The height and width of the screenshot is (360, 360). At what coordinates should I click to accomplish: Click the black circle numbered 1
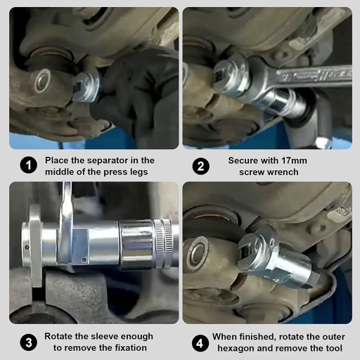point(29,165)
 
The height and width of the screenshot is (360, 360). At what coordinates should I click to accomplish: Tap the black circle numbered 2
point(201,166)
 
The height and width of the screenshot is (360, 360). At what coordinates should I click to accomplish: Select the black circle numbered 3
point(29,342)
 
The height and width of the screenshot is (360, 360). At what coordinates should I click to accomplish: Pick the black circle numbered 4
point(200,343)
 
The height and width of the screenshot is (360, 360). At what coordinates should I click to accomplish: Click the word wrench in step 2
point(283,172)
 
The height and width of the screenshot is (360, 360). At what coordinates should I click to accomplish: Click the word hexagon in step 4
point(236,349)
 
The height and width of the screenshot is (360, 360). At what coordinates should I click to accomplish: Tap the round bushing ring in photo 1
point(43,80)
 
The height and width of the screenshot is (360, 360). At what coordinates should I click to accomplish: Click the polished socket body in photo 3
point(136,245)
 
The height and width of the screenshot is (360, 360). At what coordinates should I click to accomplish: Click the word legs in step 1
point(139,172)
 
